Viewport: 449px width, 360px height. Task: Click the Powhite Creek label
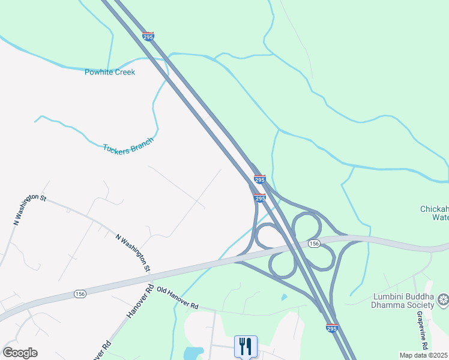[x=110, y=72]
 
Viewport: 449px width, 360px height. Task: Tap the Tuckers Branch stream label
[x=128, y=146]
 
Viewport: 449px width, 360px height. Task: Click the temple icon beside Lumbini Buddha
[x=443, y=299]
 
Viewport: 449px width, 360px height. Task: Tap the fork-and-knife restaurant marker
[x=246, y=346]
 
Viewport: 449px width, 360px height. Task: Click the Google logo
[x=20, y=353]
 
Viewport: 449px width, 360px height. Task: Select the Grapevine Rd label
[x=424, y=338]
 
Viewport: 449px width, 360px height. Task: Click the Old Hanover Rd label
[x=177, y=298]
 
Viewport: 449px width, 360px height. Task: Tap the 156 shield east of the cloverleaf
[x=314, y=244]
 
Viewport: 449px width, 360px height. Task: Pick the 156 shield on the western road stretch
[x=80, y=293]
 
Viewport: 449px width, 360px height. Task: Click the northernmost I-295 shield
[x=148, y=36]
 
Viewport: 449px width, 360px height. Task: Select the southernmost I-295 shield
[x=331, y=328]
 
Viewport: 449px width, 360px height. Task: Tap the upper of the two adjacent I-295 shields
[x=259, y=179]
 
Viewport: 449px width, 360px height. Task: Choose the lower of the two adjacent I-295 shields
[x=259, y=198]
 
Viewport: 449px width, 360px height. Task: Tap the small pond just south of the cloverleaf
[x=284, y=296]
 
